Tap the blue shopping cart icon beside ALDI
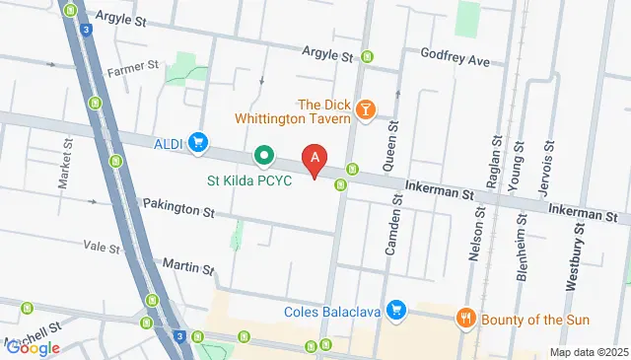[198, 144]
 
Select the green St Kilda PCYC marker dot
[264, 156]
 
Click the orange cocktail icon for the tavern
[366, 108]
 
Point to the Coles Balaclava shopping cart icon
[396, 312]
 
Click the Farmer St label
[133, 67]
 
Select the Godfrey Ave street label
[455, 59]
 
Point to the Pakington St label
[177, 210]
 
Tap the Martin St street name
[188, 267]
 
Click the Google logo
[33, 347]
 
